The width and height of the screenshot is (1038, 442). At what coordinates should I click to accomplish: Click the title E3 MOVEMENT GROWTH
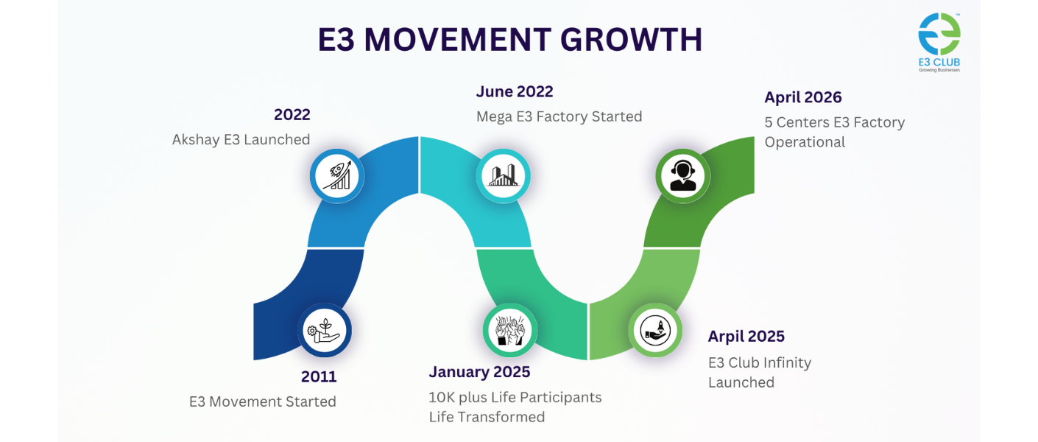click(x=509, y=40)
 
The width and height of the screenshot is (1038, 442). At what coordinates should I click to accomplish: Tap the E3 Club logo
click(x=939, y=41)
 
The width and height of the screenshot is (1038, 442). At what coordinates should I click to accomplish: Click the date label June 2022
click(x=514, y=92)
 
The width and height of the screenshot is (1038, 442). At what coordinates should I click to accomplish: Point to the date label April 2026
click(x=802, y=97)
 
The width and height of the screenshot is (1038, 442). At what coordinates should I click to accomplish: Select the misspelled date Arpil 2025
click(x=746, y=337)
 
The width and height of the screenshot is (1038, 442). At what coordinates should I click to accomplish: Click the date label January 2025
click(x=479, y=371)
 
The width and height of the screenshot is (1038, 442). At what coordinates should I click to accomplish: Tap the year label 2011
click(x=318, y=376)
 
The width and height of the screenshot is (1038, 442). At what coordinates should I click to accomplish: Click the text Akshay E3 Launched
click(x=241, y=139)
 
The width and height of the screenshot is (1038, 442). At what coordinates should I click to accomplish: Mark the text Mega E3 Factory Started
click(x=559, y=116)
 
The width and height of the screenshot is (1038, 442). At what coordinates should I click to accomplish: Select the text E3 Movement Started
click(x=263, y=401)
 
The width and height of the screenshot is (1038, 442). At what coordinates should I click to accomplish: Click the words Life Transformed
click(x=487, y=417)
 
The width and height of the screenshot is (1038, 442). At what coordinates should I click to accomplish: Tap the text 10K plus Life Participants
click(x=515, y=398)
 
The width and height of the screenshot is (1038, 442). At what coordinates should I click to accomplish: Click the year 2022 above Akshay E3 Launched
click(x=292, y=114)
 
